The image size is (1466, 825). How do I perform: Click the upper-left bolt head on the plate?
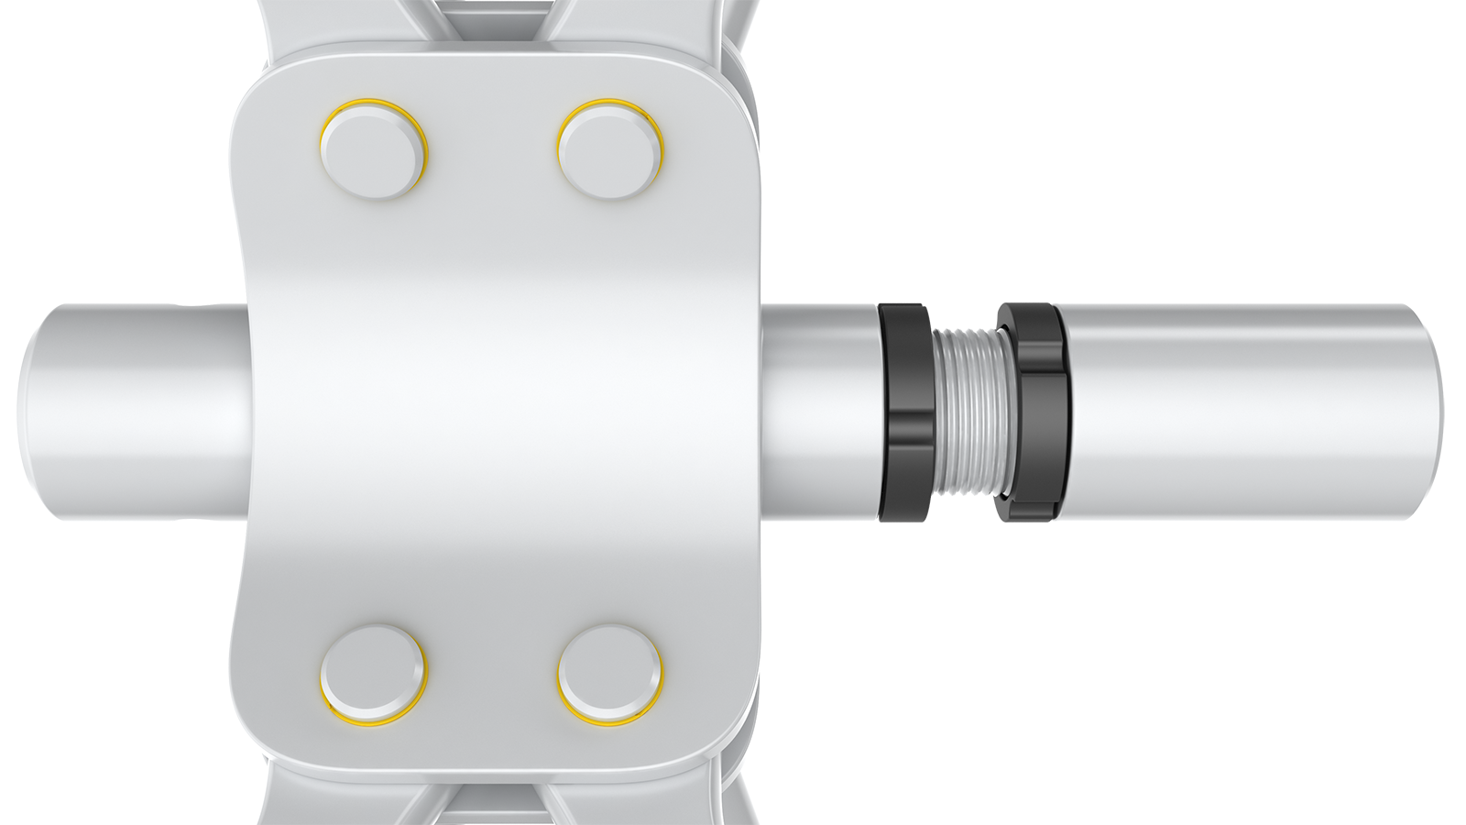pos(374,149)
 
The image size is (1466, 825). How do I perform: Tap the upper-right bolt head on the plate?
pos(610,149)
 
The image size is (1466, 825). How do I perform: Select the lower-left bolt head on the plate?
pos(374,674)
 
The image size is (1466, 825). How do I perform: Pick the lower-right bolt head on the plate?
pos(610,674)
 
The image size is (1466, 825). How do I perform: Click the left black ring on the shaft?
pos(904,412)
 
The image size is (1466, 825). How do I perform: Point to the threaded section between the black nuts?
pos(967,412)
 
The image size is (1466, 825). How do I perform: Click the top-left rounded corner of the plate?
pos(261,92)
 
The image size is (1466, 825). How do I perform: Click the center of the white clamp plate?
pos(499,412)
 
